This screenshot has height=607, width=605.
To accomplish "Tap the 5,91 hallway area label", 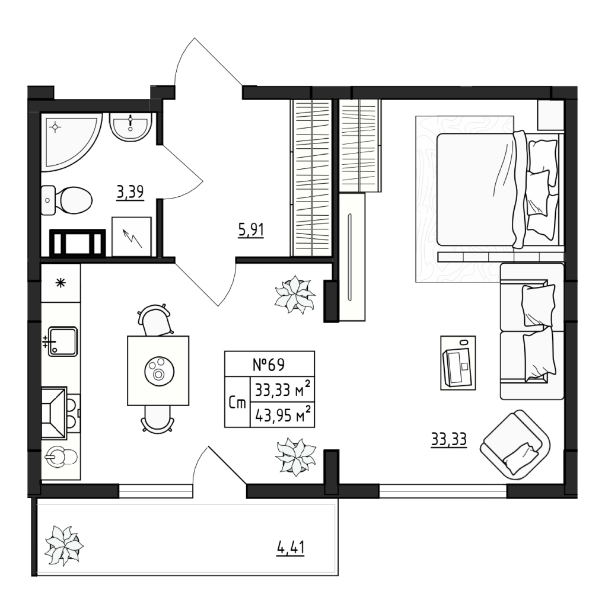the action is pos(250,230).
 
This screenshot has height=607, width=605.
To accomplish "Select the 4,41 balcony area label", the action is pos(291,548).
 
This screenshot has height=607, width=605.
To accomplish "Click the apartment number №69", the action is pos(269,365).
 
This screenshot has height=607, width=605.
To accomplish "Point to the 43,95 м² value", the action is pos(282,415).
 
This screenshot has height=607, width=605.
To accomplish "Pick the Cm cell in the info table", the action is pos(237,402).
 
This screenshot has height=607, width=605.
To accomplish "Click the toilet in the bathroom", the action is pos(66,200).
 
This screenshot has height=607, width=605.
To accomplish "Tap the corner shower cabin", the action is pos(71,142).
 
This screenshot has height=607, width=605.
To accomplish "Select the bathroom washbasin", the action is pos(130,127).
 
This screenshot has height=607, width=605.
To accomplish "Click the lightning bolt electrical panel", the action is pos(131,237).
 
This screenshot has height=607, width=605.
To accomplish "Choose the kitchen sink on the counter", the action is pos(63,341).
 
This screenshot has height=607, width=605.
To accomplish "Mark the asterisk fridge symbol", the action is pos(60,283).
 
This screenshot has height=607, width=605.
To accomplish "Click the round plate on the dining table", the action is pos(159,371).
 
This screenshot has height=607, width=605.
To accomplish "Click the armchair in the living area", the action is pos(515,445).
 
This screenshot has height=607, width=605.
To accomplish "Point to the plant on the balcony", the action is pos(63,545).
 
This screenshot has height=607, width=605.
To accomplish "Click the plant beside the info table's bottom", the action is pos(295,456).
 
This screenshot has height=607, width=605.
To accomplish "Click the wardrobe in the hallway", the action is pos(311,178).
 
